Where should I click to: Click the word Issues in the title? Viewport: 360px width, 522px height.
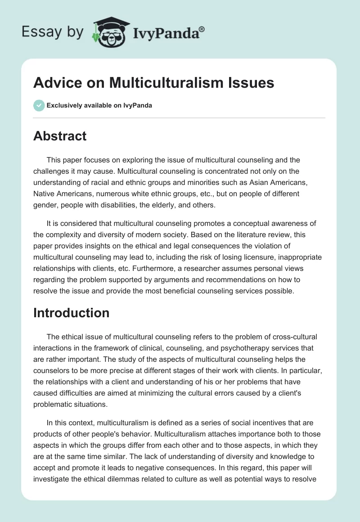pyautogui.click(x=253, y=83)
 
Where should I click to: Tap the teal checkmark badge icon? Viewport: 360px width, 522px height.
pyautogui.click(x=39, y=105)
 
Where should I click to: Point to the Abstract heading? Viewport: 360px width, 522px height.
pyautogui.click(x=60, y=136)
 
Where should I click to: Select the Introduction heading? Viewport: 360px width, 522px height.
pyautogui.click(x=71, y=313)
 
